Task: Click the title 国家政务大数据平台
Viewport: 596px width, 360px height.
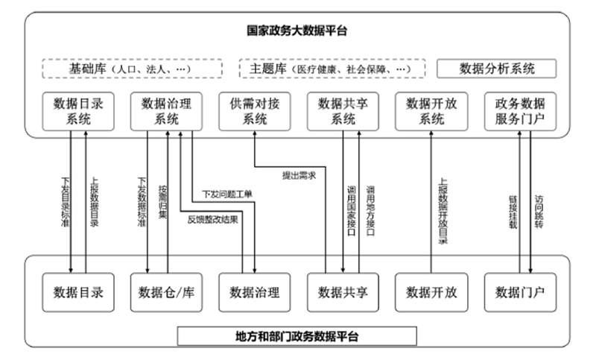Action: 298,32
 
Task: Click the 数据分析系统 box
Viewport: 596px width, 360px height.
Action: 497,69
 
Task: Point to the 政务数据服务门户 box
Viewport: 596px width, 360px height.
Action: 519,111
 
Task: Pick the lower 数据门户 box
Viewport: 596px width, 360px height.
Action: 519,291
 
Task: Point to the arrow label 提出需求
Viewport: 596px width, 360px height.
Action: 299,176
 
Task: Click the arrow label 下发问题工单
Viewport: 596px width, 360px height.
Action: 227,195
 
